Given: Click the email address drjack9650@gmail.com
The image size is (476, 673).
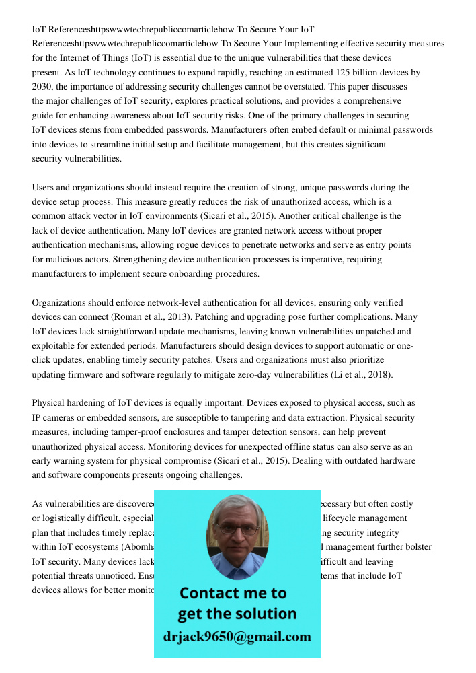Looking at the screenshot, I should click(237, 637).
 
